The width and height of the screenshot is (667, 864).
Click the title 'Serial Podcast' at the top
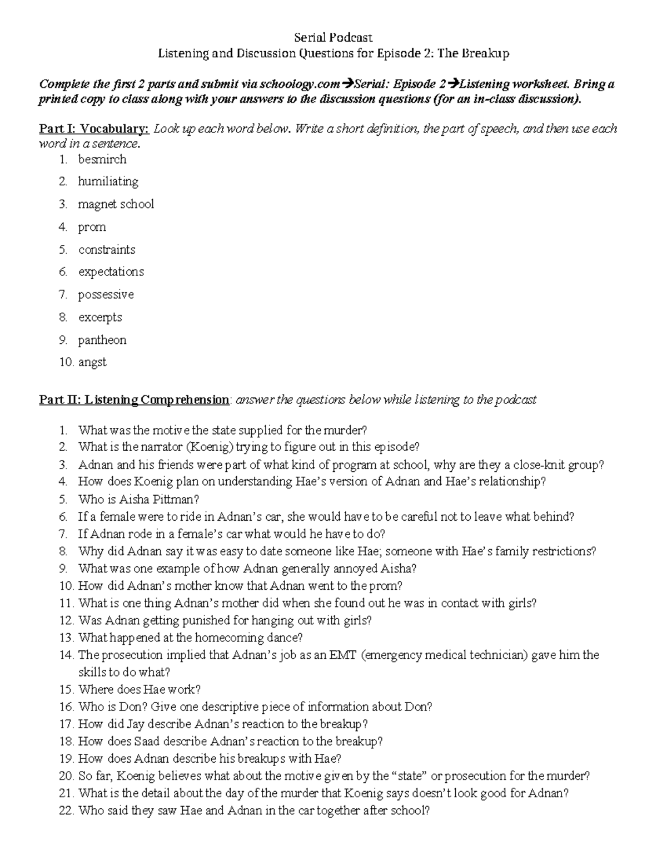tap(333, 37)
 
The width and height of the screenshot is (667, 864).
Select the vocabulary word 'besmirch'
tap(102, 160)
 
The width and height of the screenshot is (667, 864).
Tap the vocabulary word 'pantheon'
tap(102, 340)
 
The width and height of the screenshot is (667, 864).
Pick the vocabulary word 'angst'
tap(92, 362)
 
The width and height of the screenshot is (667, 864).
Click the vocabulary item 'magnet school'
tap(116, 204)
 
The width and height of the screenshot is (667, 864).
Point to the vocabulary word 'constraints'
tap(107, 250)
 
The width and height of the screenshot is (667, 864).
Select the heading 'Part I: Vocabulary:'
tap(94, 129)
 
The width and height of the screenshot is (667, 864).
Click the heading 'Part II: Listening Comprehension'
tap(134, 400)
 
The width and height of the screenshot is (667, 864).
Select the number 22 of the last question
tap(66, 811)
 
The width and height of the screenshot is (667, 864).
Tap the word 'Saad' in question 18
tap(147, 741)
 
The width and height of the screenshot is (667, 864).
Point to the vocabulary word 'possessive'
tap(106, 295)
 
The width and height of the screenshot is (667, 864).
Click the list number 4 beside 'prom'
tap(63, 228)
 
